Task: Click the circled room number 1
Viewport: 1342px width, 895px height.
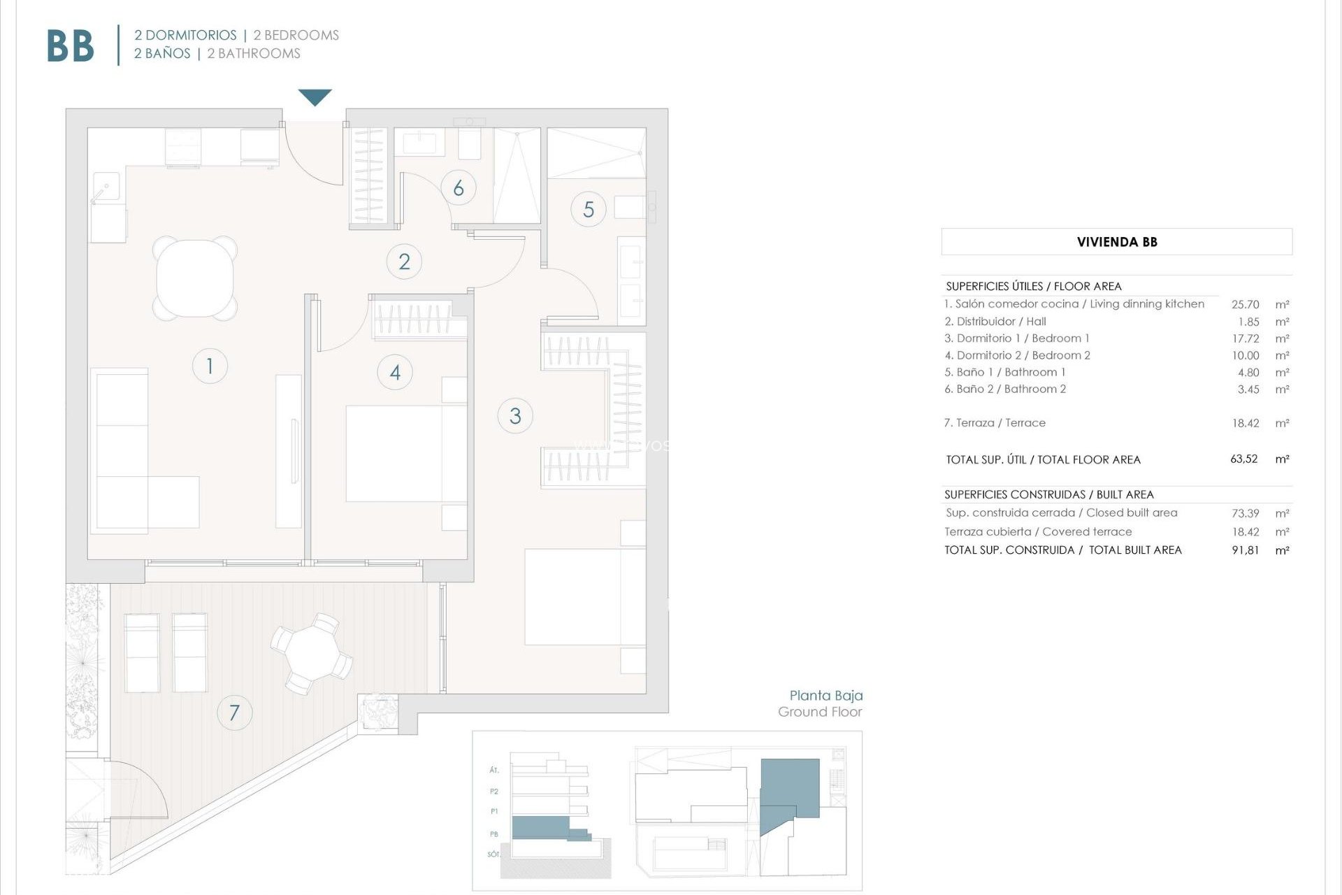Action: point(210,366)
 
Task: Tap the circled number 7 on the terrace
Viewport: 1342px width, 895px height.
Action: point(234,713)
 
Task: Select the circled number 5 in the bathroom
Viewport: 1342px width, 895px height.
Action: point(589,209)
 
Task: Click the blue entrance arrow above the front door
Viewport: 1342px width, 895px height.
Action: point(315,96)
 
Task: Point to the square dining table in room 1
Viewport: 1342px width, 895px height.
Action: point(195,278)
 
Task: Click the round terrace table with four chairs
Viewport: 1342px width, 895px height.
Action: point(312,653)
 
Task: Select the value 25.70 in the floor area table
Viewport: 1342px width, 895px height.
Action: point(1245,304)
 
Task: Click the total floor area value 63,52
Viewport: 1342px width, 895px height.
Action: point(1243,459)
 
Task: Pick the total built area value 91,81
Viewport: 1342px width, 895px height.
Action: point(1245,550)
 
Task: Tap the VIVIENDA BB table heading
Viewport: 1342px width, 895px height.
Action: point(1116,242)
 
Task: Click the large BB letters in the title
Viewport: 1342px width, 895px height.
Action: point(70,47)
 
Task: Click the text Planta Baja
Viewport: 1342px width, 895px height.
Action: point(825,695)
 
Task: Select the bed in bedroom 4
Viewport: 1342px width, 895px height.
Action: point(405,453)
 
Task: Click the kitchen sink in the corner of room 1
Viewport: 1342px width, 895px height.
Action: point(106,187)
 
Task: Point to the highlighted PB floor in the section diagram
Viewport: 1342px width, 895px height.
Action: point(542,828)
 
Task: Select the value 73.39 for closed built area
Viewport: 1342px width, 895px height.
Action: point(1245,513)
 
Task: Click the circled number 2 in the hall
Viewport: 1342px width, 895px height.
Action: point(404,262)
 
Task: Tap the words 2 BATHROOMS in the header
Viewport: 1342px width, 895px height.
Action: point(254,54)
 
